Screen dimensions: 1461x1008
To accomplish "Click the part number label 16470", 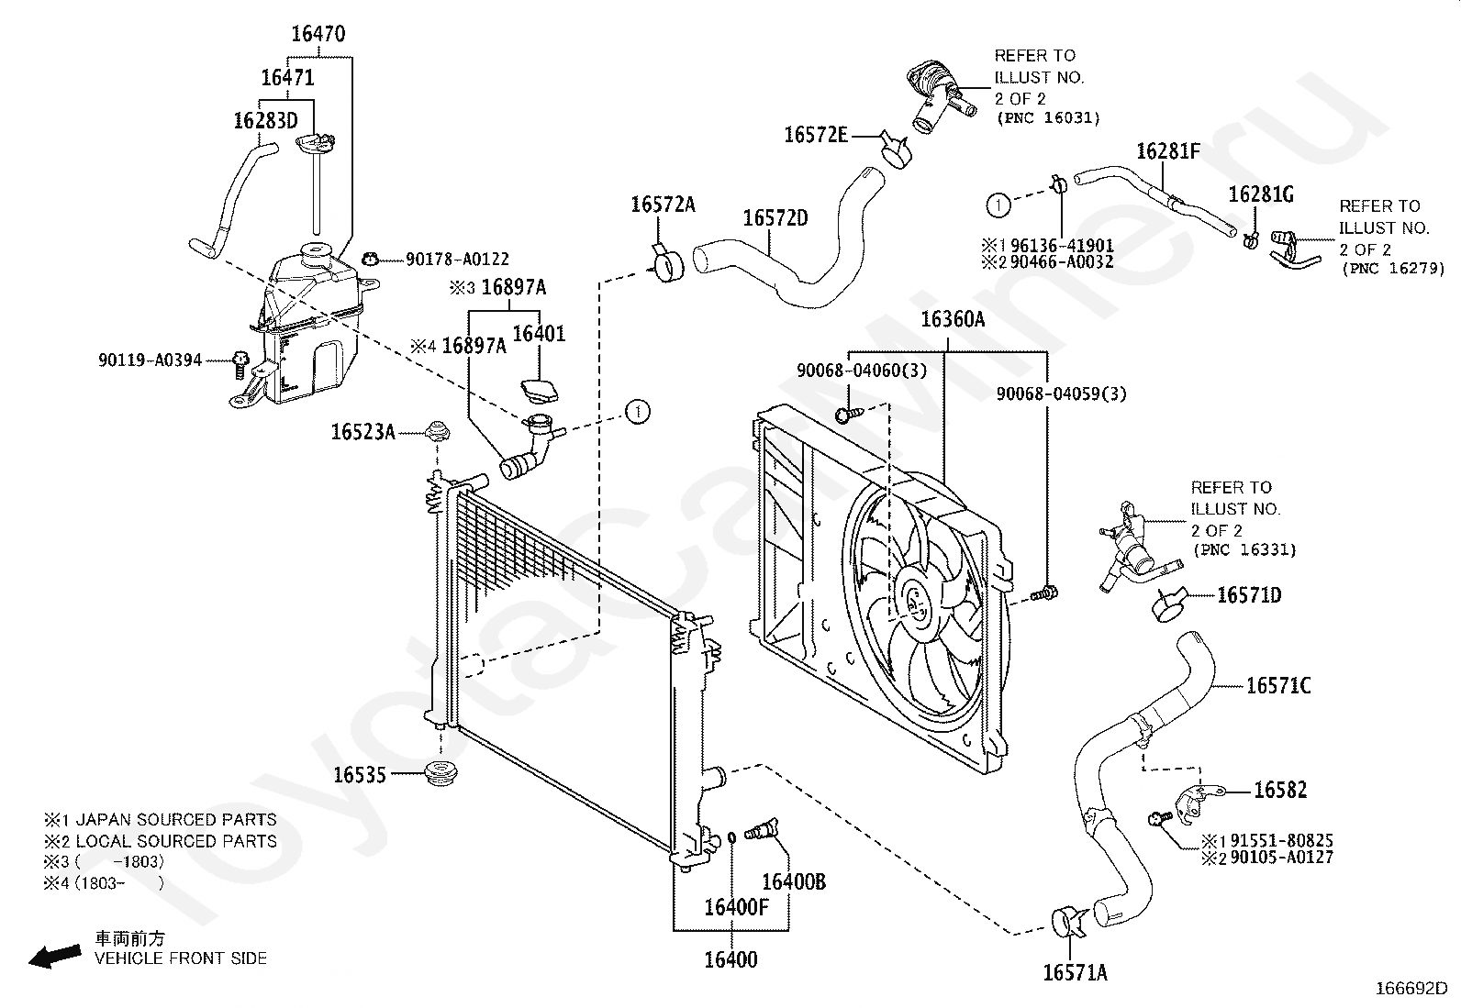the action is point(318,34).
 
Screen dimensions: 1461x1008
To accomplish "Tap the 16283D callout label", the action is point(265,121).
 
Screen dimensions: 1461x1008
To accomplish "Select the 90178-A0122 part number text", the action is point(457,260).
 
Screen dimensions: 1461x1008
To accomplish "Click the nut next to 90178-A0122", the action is point(370,260).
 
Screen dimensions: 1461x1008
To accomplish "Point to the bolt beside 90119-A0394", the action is point(240,364).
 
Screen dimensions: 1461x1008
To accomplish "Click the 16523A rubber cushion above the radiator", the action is point(437,432).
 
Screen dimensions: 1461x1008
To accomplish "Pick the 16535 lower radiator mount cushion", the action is point(441,773).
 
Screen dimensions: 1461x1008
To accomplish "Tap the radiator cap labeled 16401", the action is point(540,392).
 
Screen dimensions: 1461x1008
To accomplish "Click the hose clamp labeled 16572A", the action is point(666,265).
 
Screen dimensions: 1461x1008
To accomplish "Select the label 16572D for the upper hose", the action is point(775,217).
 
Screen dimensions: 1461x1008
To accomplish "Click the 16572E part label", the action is point(816,135).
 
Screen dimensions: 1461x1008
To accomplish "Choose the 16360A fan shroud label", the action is point(953,319).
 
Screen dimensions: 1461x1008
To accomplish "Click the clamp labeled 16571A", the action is point(1067,921).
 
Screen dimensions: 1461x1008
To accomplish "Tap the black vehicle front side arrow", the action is point(55,956).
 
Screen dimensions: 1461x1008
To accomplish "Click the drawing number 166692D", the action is point(1411,989).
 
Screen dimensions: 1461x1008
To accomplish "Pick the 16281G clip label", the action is point(1262,194).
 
